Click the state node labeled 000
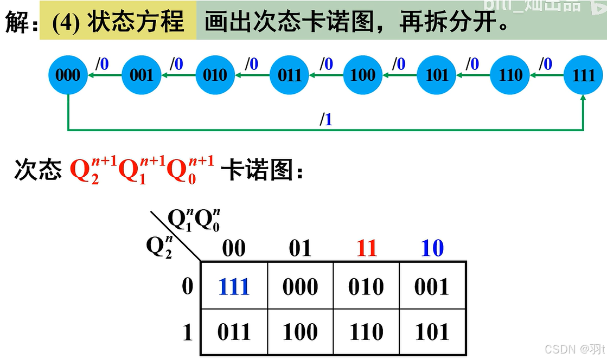(x=68, y=75)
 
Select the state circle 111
(x=584, y=75)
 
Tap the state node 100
(x=363, y=75)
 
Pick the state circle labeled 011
(x=289, y=75)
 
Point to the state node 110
(x=510, y=75)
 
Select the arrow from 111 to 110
(x=547, y=75)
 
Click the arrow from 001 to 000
(x=105, y=75)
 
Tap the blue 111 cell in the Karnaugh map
(x=234, y=286)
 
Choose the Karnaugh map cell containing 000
(x=300, y=286)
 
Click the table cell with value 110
(x=366, y=332)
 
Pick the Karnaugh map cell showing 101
(x=432, y=332)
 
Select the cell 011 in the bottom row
(x=234, y=332)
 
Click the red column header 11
(x=366, y=248)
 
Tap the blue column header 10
(x=432, y=248)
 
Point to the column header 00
(x=234, y=248)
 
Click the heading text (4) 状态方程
(x=118, y=23)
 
